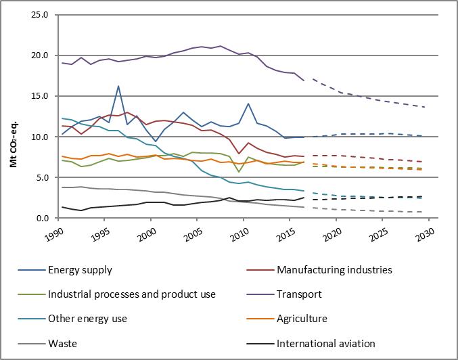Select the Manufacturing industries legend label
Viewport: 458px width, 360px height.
click(334, 270)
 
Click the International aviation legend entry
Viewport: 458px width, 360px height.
click(325, 343)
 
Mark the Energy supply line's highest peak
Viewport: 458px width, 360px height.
click(118, 86)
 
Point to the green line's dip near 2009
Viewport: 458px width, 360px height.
click(239, 172)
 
